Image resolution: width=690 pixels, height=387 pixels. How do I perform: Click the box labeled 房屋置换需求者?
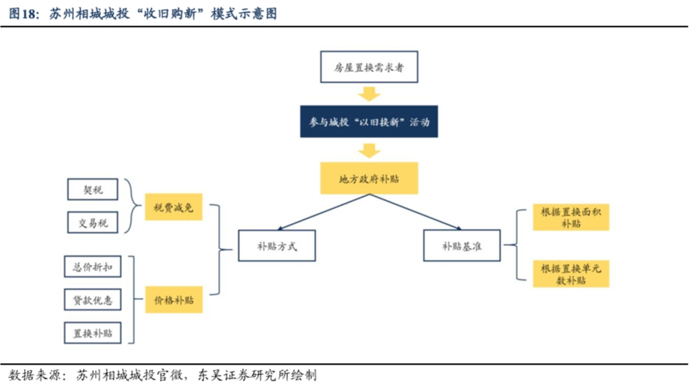pyautogui.click(x=369, y=67)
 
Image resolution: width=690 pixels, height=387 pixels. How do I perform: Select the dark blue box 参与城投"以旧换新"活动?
pyautogui.click(x=369, y=121)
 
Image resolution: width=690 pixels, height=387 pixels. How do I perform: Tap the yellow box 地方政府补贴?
pyautogui.click(x=369, y=178)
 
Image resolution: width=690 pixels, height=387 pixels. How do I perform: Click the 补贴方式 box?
pyautogui.click(x=277, y=246)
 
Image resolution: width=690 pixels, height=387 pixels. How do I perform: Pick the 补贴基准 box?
pyautogui.click(x=462, y=246)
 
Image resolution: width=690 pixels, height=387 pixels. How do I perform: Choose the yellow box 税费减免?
pyautogui.click(x=174, y=207)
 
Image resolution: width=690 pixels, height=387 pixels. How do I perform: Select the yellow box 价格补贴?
pyautogui.click(x=174, y=300)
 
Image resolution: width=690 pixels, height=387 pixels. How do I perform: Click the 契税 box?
pyautogui.click(x=92, y=189)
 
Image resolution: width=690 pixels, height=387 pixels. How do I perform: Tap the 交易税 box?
pyautogui.click(x=92, y=223)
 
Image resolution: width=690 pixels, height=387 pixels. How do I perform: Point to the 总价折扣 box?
pyautogui.click(x=92, y=266)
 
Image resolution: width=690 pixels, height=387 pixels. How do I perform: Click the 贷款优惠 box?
pyautogui.click(x=92, y=300)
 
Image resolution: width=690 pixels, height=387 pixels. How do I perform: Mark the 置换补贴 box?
pyautogui.click(x=92, y=333)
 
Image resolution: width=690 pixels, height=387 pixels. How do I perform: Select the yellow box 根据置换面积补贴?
pyautogui.click(x=571, y=217)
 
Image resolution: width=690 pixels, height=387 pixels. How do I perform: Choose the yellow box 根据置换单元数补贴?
pyautogui.click(x=571, y=274)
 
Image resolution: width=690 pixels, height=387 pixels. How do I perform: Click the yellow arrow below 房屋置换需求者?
pyautogui.click(x=369, y=94)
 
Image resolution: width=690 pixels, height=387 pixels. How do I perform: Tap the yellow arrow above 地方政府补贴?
pyautogui.click(x=369, y=150)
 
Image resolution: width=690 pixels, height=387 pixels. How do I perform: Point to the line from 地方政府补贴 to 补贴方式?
pyautogui.click(x=323, y=212)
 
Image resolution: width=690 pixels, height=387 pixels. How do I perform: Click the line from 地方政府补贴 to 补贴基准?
pyautogui.click(x=415, y=212)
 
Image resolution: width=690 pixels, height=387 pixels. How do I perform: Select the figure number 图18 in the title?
pyautogui.click(x=22, y=13)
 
